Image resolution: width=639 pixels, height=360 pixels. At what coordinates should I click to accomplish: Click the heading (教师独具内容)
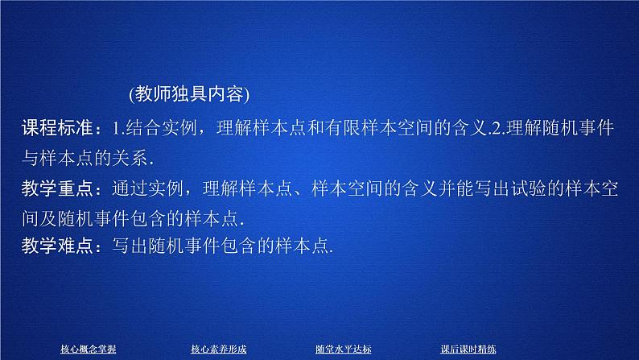pos(189,95)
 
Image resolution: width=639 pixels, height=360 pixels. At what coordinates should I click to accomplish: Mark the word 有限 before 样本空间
pos(353,126)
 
